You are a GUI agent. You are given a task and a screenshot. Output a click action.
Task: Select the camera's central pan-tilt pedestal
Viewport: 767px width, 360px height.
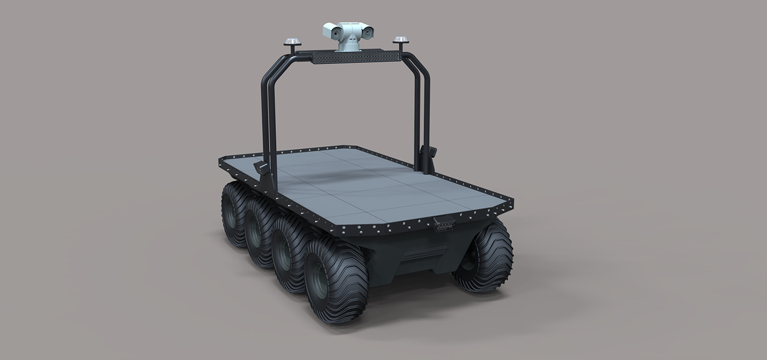click(348, 41)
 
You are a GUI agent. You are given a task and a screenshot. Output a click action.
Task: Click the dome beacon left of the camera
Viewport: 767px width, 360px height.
click(292, 42)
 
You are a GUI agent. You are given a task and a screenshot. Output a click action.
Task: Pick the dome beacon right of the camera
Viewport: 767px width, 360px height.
click(401, 41)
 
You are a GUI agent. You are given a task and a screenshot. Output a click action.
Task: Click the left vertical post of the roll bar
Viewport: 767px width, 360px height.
click(267, 115)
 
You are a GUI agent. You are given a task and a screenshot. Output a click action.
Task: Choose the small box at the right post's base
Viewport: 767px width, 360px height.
click(429, 153)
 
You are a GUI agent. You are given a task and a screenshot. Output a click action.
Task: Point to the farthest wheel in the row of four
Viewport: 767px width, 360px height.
click(234, 214)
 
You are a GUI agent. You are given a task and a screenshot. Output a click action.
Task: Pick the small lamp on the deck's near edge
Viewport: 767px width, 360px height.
click(444, 223)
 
